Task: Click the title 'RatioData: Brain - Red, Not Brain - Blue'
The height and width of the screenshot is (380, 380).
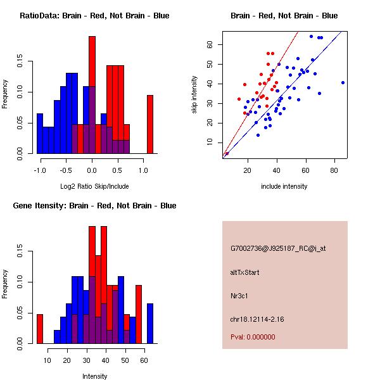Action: coord(94,16)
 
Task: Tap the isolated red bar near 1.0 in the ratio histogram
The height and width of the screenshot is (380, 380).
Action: coord(150,124)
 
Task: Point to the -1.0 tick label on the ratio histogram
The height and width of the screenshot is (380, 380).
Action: coord(39,170)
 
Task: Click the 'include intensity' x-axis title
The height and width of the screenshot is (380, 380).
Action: coord(284,186)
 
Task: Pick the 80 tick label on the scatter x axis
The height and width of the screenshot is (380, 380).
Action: coord(335,170)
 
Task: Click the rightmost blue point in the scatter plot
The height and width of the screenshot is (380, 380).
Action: coord(343,82)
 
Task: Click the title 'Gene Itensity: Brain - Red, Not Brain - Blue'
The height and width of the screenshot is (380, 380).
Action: coord(94,206)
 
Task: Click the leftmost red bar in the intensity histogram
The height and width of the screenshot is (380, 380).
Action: coord(39,329)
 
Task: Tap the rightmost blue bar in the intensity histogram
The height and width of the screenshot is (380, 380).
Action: coord(150,324)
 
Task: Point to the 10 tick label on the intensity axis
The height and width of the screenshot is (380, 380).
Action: coord(47,360)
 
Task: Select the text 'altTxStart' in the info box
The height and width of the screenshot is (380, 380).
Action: coord(244,272)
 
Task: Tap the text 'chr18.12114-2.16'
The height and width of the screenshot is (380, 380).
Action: coord(257,319)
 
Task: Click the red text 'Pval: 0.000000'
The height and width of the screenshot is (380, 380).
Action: coord(253,337)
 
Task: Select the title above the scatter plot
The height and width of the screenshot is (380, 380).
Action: coord(284,16)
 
